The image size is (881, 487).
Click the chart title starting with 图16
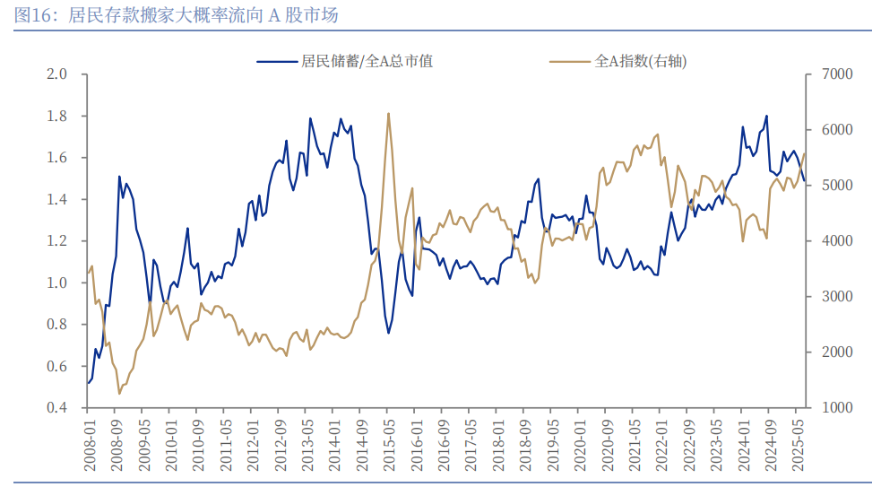coord(176,16)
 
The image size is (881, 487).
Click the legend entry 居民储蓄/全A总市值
coord(344,62)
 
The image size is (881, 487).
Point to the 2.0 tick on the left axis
coord(57,74)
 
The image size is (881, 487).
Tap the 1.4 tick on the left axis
coord(57,200)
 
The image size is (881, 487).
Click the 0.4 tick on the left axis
coord(57,408)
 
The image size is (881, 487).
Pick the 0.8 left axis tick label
coord(57,325)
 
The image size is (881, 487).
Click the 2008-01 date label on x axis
coord(89,443)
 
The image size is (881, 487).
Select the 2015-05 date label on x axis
coord(388,443)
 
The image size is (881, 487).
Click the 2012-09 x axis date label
coord(280,443)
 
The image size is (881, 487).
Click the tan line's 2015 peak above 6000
coord(388,114)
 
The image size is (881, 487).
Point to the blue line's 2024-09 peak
coord(766,116)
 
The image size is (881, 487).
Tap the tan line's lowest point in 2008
coord(119,393)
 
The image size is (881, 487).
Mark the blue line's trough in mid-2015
coord(389,333)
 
